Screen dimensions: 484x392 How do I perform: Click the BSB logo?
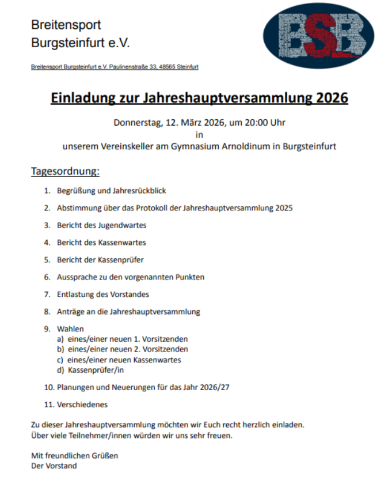[318, 36]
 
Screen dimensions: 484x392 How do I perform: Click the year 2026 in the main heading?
[332, 97]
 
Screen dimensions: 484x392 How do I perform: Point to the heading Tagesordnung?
[65, 172]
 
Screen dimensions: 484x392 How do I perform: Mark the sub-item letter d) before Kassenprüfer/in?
[60, 370]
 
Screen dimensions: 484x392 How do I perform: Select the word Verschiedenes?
[82, 404]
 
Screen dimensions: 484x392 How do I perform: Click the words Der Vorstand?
[54, 466]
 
